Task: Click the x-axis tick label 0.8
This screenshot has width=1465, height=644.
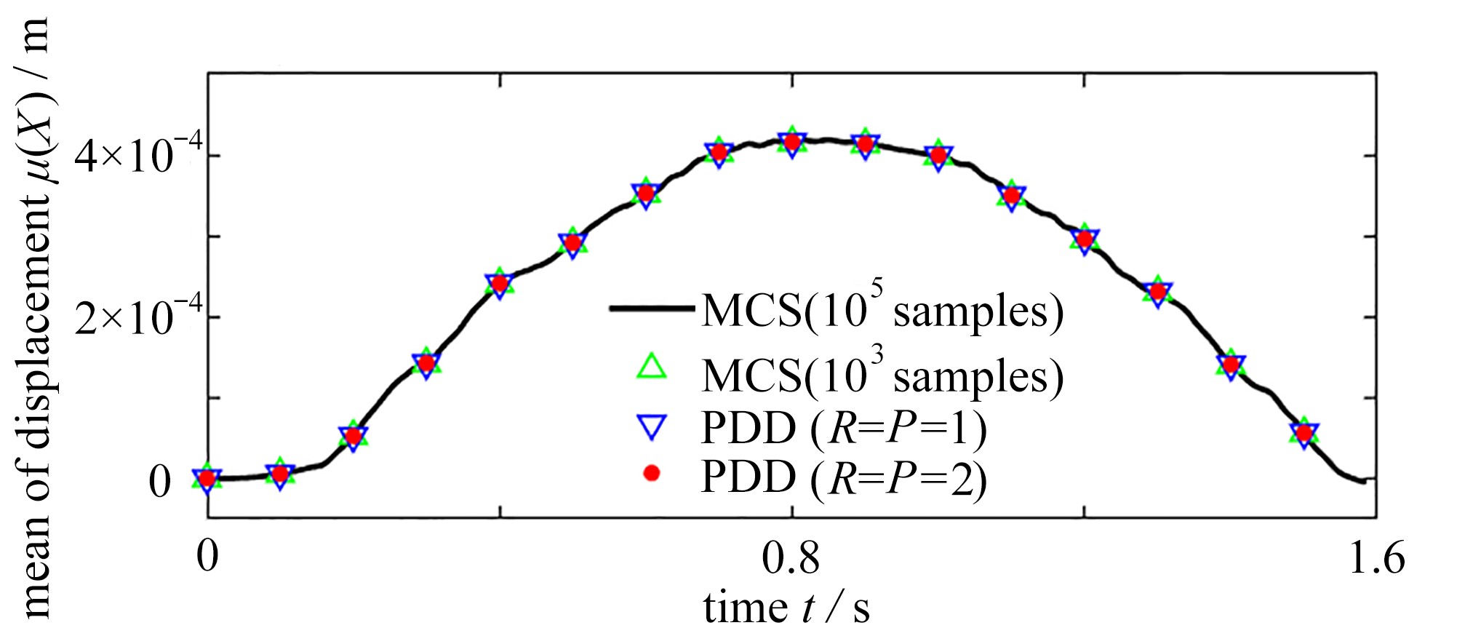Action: click(791, 559)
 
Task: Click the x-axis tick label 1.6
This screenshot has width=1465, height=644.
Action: click(1377, 559)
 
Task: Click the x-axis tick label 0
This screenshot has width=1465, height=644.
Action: click(208, 559)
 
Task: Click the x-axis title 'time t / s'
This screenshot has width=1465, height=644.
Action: click(786, 608)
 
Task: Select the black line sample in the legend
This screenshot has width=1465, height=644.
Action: click(652, 309)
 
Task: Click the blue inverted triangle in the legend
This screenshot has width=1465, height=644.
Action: click(652, 426)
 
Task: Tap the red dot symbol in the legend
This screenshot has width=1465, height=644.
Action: click(652, 474)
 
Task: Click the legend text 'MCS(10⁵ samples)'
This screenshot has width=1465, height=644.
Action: click(882, 309)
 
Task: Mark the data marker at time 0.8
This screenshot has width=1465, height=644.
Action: click(791, 143)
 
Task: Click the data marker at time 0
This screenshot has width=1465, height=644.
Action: click(207, 479)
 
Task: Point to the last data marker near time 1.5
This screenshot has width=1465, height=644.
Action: click(1304, 434)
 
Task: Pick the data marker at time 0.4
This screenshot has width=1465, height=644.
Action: click(500, 283)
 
